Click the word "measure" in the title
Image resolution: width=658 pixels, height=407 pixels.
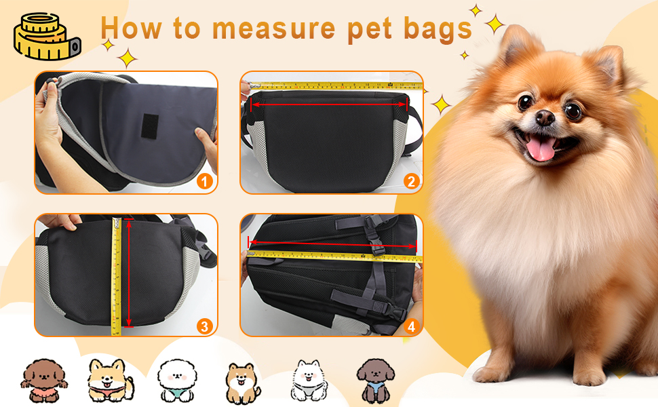point(273,28)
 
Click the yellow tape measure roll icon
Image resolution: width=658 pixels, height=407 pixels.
point(47,36)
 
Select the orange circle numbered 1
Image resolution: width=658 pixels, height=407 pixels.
point(205,181)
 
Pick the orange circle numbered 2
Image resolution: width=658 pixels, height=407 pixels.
point(411,181)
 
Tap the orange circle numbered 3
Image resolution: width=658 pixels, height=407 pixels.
point(205,326)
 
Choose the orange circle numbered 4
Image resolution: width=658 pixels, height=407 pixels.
point(411,326)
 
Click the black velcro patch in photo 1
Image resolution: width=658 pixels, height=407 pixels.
point(150,126)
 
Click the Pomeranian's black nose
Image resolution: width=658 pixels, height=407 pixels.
point(545,117)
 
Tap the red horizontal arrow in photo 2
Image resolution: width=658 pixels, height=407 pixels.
point(328,104)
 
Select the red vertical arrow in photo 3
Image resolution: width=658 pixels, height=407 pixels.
point(129,272)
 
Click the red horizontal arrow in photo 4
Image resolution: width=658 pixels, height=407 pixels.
point(332,244)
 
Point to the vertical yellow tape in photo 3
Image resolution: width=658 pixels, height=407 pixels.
point(116,276)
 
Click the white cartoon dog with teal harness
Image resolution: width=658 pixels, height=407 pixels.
point(176,380)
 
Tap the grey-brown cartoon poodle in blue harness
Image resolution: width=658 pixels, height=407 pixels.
point(376,381)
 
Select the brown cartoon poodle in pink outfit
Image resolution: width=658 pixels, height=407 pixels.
point(43,380)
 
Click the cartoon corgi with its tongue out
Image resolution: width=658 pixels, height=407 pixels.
point(111,380)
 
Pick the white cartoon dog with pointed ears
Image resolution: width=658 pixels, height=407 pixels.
point(309,380)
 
